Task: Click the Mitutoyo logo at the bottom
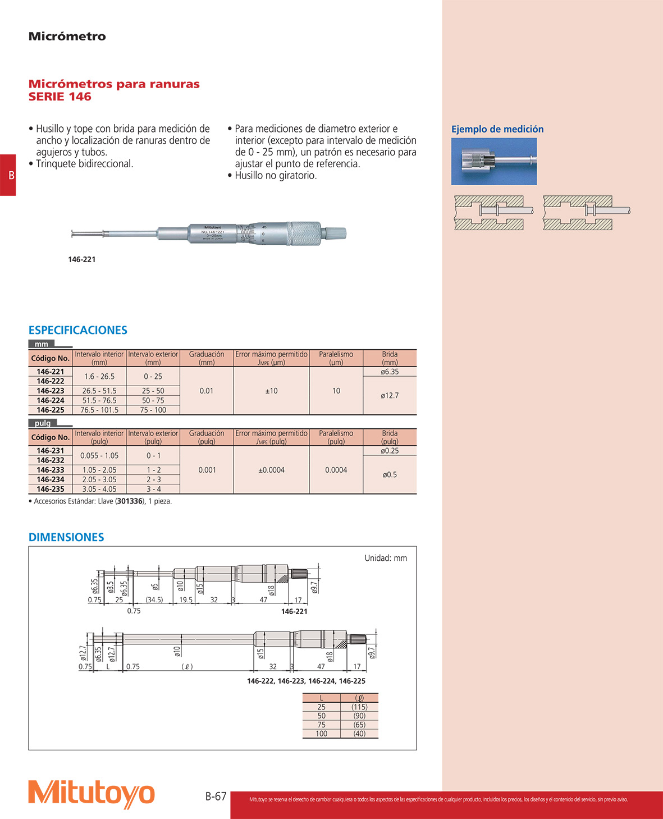[92, 794]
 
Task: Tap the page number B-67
[216, 796]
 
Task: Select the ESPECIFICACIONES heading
[78, 330]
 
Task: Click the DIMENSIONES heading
[66, 537]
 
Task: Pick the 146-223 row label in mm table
[51, 391]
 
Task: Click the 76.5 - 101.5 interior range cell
[99, 410]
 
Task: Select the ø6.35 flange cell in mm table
[390, 372]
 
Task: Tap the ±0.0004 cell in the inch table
[271, 470]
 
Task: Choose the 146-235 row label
[51, 489]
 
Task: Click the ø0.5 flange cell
[390, 475]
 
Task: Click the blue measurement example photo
[493, 162]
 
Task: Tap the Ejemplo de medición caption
[497, 129]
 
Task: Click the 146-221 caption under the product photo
[82, 259]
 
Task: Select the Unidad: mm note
[386, 558]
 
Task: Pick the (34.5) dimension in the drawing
[154, 600]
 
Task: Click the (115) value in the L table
[359, 707]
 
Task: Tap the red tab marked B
[8, 175]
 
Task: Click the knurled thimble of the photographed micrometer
[304, 233]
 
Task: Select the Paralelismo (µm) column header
[336, 358]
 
